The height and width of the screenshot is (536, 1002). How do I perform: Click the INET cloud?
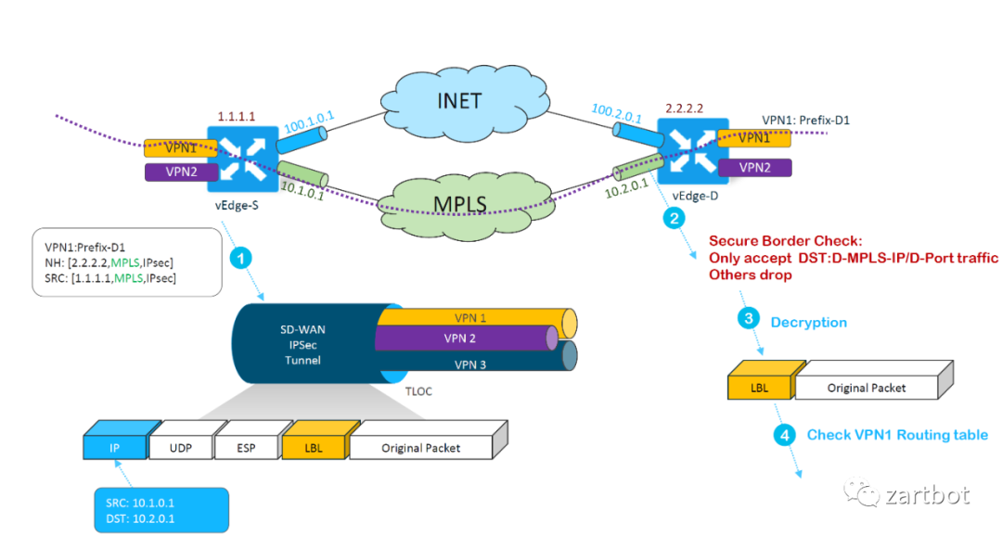[x=460, y=99]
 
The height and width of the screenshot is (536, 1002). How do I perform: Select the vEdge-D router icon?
[x=689, y=147]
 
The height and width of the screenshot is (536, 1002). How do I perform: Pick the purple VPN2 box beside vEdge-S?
[x=180, y=172]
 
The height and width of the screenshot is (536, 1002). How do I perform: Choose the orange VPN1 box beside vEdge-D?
[x=754, y=137]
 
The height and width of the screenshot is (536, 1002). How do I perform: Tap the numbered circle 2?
[x=674, y=219]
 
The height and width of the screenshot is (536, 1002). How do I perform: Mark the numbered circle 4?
[x=784, y=434]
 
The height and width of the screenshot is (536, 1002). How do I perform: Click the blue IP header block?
[x=116, y=448]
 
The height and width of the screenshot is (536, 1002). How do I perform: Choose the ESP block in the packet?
[x=245, y=448]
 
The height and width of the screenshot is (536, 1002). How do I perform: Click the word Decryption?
[x=808, y=322]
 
